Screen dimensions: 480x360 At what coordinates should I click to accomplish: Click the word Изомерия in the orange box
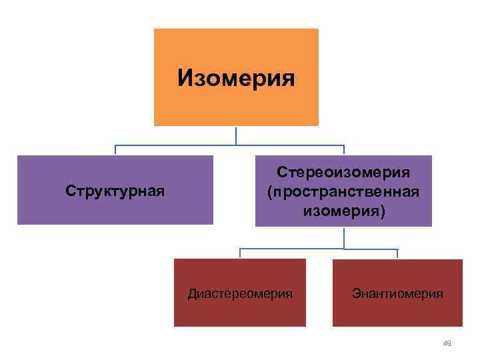[x=236, y=79]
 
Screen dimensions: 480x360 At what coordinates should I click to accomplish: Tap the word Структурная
[x=115, y=191]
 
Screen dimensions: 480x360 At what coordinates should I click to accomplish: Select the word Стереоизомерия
[x=343, y=173]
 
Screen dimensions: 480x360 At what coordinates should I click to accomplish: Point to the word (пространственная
[x=343, y=192]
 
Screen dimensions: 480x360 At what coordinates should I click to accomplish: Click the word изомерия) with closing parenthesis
[x=343, y=211]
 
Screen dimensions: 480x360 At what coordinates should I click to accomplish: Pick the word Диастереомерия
[x=240, y=293]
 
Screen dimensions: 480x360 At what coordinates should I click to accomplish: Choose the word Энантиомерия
[x=398, y=293]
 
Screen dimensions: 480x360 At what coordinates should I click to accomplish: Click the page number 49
[x=447, y=343]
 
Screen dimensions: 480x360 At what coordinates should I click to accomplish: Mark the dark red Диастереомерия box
[x=240, y=313]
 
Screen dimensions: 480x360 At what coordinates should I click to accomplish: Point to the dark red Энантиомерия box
[x=398, y=313]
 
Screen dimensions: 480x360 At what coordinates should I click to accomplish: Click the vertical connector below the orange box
[x=236, y=135]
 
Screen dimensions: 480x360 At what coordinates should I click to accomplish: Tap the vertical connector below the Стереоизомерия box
[x=344, y=237]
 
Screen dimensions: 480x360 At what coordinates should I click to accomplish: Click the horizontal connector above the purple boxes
[x=173, y=145]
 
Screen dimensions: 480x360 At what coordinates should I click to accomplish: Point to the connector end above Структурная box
[x=115, y=151]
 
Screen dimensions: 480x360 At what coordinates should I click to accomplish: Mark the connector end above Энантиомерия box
[x=397, y=254]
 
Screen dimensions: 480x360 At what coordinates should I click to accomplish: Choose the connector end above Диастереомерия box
[x=241, y=254]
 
